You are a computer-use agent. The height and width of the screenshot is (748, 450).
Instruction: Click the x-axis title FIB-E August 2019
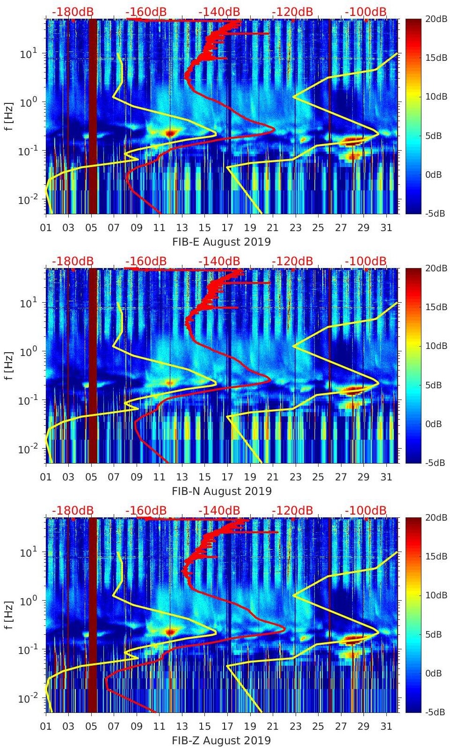[x=221, y=242]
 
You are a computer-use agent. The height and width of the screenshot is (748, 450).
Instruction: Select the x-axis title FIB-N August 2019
[x=222, y=491]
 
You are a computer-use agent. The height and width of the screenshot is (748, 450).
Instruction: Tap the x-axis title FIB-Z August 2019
[x=221, y=741]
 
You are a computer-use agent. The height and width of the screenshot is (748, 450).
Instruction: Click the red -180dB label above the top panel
[x=73, y=12]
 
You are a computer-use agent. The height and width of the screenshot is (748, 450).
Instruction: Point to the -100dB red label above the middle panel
[x=366, y=261]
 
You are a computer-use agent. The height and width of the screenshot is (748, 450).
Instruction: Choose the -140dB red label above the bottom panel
[x=219, y=510]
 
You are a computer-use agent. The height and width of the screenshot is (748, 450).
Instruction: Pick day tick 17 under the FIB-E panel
[x=227, y=228]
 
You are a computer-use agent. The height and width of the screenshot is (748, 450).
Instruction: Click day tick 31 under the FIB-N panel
[x=386, y=477]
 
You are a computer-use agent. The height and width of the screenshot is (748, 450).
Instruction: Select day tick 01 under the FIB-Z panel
[x=46, y=726]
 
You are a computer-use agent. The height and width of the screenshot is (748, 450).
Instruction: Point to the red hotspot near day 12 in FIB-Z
[x=170, y=632]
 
